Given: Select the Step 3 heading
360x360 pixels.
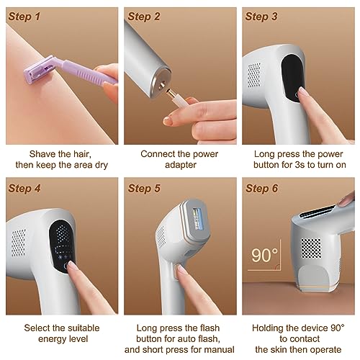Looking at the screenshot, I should tap(266, 15).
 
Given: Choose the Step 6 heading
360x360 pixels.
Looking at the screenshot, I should tap(266, 189).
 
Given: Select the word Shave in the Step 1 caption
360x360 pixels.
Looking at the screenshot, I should tap(42, 153).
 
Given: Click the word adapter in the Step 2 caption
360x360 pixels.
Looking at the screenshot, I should tap(179, 166).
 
